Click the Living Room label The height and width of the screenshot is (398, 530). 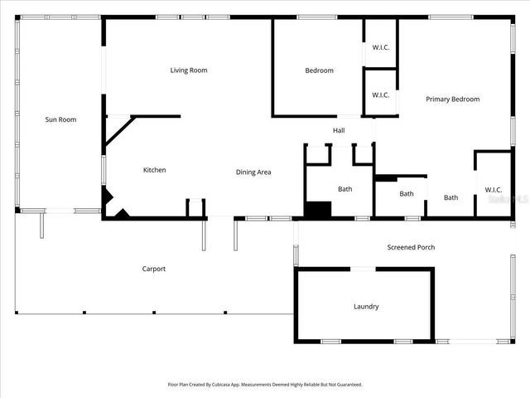[189, 70]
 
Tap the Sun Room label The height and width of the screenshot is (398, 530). [60, 119]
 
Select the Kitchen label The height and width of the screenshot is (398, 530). [155, 170]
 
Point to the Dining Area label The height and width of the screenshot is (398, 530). [253, 172]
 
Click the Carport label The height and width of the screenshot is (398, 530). [154, 269]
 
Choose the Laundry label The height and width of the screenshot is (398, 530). [366, 307]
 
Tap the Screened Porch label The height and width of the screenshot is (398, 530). [411, 247]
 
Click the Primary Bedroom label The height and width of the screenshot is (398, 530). [452, 99]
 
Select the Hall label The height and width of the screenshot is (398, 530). [339, 131]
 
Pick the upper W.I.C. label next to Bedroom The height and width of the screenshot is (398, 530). [381, 46]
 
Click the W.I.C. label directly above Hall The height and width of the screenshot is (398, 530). [381, 95]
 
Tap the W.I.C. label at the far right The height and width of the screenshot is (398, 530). [494, 190]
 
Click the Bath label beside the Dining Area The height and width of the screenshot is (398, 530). [344, 189]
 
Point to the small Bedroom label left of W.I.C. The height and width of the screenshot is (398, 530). [319, 70]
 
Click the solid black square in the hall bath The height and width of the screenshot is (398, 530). [317, 210]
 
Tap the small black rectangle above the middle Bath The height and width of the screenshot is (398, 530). [385, 177]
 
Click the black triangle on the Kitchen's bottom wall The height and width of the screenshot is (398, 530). [123, 214]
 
